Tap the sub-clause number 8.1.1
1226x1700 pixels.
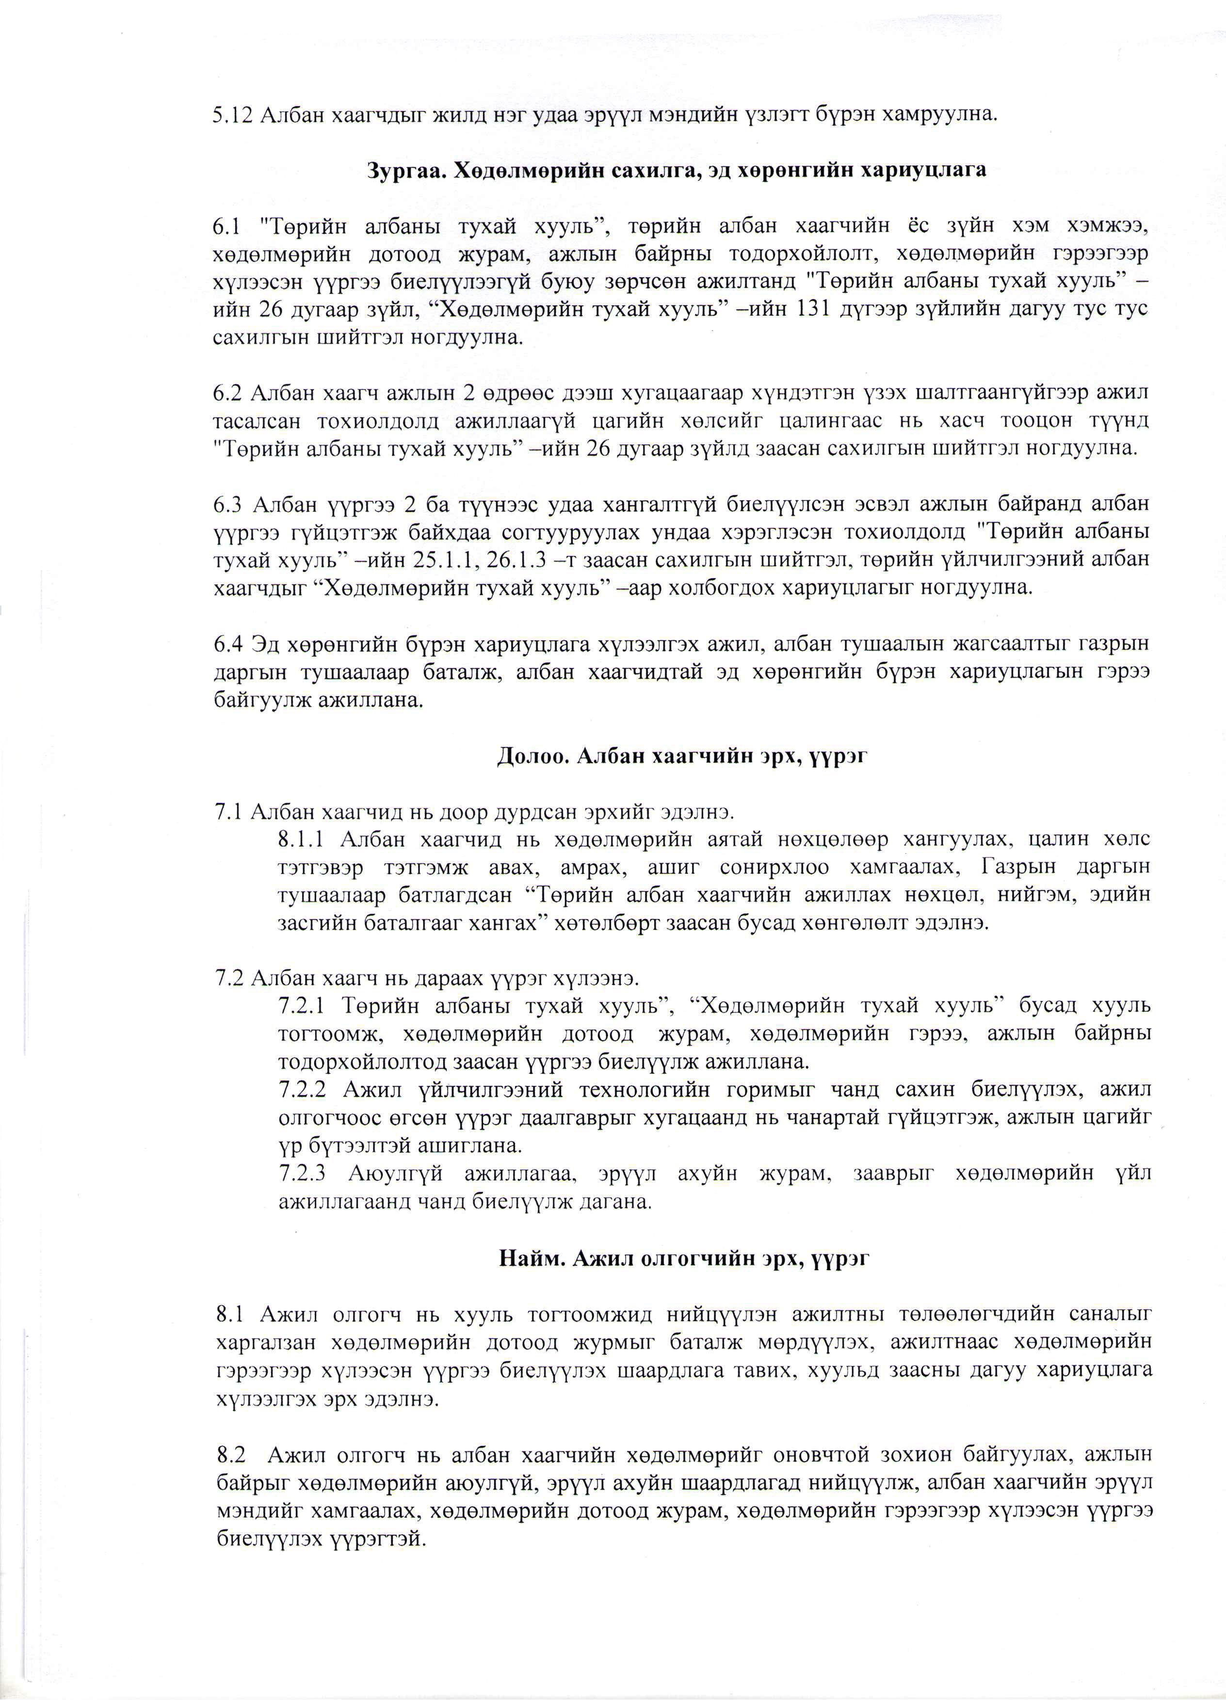coord(302,839)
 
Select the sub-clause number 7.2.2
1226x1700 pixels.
coord(302,1088)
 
